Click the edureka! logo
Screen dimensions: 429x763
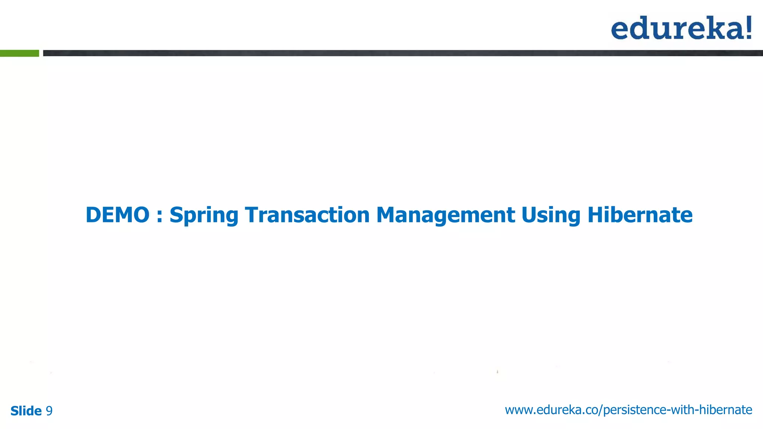pos(681,28)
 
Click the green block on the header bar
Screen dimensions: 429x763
pos(19,53)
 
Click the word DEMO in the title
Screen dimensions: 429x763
pos(117,215)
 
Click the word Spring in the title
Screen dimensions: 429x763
pos(204,216)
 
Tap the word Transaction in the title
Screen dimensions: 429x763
pos(307,215)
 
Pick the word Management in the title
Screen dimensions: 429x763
pos(446,216)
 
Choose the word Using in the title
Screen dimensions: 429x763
pos(551,216)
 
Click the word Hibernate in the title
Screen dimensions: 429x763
pos(640,215)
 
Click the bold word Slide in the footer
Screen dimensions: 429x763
pos(26,411)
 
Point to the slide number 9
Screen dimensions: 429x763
pos(49,411)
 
